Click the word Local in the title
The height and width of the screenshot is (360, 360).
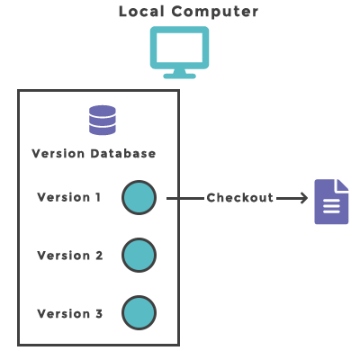click(141, 12)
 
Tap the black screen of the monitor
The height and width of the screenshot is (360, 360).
click(179, 46)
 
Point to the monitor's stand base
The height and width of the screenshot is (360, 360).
click(179, 75)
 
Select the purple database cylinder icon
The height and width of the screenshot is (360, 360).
click(103, 120)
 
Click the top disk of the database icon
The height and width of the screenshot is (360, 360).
click(103, 110)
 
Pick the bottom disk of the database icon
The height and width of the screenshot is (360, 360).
click(103, 130)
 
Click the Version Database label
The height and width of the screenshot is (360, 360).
click(94, 153)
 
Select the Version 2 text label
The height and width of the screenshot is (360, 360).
click(70, 256)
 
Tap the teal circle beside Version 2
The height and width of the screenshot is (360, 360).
click(139, 256)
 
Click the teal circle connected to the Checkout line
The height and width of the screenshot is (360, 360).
click(139, 198)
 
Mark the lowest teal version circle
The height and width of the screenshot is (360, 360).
click(139, 313)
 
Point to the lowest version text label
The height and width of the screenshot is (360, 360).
click(70, 314)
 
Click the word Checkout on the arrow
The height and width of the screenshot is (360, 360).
click(239, 198)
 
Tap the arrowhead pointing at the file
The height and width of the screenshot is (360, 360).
click(303, 198)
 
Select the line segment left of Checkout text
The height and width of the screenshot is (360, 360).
click(193, 198)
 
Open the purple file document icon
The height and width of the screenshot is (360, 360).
click(330, 203)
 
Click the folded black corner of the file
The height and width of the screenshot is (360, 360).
click(342, 185)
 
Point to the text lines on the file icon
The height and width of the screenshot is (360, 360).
click(331, 208)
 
